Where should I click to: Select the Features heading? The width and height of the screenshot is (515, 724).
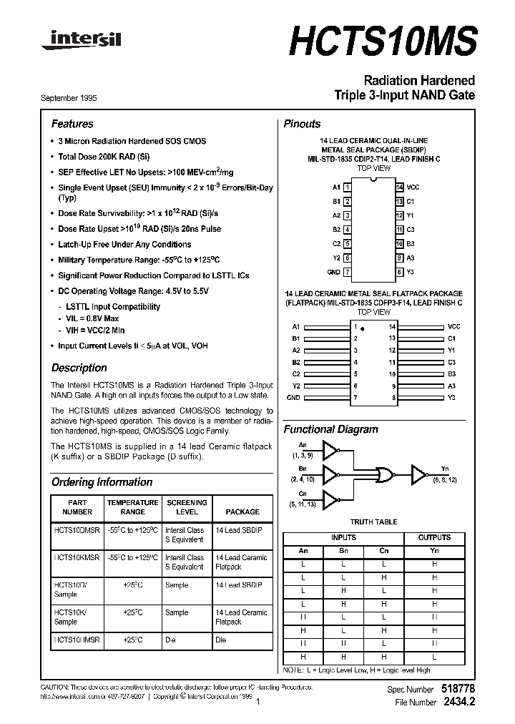click(x=72, y=124)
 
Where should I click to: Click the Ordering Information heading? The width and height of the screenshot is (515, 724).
click(x=102, y=482)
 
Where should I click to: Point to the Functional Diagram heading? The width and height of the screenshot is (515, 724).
click(x=330, y=430)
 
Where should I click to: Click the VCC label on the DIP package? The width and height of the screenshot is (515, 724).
click(x=413, y=187)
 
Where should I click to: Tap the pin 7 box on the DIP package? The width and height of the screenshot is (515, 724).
click(x=347, y=273)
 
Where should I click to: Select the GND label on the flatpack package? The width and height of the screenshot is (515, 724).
click(x=293, y=397)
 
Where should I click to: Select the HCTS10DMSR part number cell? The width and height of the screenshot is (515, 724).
click(x=78, y=530)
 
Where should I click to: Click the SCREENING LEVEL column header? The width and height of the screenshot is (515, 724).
click(x=186, y=507)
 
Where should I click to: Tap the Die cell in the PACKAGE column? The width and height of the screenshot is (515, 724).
click(x=221, y=640)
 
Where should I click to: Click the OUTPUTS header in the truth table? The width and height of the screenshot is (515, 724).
click(x=434, y=537)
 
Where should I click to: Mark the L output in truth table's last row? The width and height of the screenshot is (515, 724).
click(x=434, y=657)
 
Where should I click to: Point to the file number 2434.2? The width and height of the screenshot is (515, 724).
click(x=458, y=703)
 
